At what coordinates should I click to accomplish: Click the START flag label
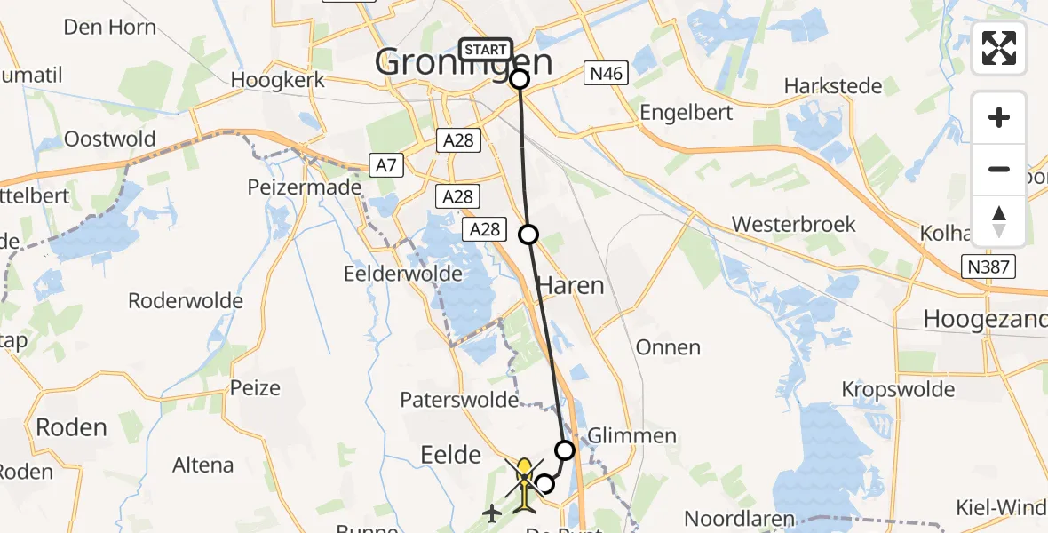click(485, 50)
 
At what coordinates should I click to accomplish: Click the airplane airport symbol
click(492, 513)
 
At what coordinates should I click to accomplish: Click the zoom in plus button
click(999, 117)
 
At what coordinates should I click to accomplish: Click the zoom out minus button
click(999, 169)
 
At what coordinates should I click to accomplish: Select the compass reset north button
click(999, 220)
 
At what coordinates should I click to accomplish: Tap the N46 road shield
click(604, 74)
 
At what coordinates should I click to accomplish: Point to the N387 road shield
click(991, 266)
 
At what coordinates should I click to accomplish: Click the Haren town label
click(569, 285)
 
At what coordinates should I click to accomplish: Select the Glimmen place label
click(632, 436)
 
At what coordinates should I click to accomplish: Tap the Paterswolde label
click(459, 400)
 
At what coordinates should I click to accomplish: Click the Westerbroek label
click(795, 224)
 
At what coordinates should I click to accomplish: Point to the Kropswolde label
click(898, 389)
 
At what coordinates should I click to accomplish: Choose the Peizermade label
click(318, 187)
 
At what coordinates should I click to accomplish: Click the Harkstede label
click(833, 86)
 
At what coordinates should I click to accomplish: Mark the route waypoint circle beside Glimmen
click(565, 449)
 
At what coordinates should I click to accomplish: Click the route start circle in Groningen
click(520, 79)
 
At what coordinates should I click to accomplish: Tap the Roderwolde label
click(186, 300)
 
